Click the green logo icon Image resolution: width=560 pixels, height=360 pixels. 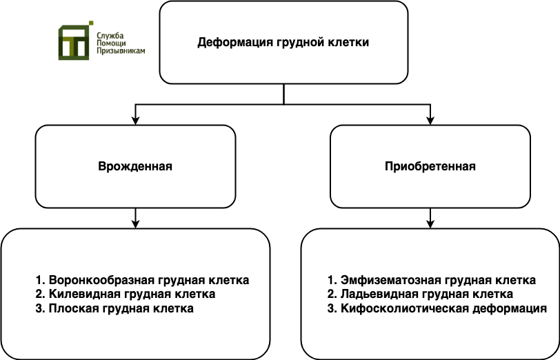point(76,41)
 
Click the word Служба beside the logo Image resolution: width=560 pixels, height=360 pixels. point(110,35)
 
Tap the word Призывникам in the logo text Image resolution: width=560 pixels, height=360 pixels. point(121,51)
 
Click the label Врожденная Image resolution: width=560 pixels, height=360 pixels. point(135,166)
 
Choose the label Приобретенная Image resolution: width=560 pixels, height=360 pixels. point(430,166)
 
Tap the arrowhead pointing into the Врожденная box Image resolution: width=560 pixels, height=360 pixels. point(135,121)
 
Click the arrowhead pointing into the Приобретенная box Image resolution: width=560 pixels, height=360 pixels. point(430,121)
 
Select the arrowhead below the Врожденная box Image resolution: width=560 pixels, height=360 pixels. point(135,223)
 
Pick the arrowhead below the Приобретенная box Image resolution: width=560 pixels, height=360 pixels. point(430,223)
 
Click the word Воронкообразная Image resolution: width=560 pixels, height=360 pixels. point(101,281)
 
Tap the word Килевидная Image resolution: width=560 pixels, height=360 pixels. point(85,294)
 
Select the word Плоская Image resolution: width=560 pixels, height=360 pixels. point(74,308)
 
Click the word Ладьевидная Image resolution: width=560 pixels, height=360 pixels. point(379,294)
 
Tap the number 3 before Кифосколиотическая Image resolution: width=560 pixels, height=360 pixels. point(332,308)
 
